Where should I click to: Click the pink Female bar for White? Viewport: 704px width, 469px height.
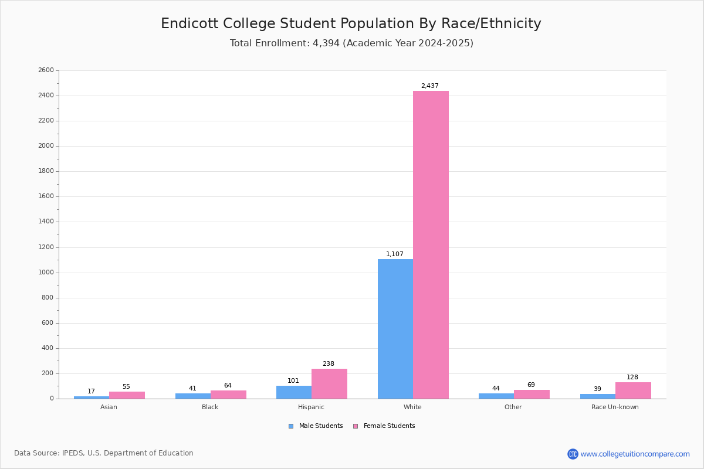click(431, 244)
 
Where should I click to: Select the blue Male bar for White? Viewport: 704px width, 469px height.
click(395, 329)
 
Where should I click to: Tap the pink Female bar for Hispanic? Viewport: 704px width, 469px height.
click(329, 383)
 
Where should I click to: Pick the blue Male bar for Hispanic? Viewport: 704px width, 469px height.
click(293, 392)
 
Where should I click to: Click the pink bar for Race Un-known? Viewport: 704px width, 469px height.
click(633, 390)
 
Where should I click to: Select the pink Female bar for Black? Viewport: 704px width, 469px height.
click(228, 395)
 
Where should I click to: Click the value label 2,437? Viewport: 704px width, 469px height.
click(429, 86)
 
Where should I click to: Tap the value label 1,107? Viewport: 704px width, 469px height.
click(394, 254)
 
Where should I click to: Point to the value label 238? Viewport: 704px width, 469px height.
click(328, 364)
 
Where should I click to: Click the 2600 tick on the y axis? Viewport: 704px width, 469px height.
click(46, 70)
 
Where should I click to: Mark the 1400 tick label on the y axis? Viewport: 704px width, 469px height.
click(46, 222)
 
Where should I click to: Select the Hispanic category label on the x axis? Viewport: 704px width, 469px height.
click(311, 407)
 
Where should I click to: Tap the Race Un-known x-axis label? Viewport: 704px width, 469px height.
click(615, 407)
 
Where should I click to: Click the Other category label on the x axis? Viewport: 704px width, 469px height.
click(513, 407)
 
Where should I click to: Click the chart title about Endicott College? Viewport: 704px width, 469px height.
click(351, 24)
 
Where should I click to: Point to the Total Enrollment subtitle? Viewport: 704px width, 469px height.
click(351, 43)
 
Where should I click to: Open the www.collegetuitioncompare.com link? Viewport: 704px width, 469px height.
click(635, 454)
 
